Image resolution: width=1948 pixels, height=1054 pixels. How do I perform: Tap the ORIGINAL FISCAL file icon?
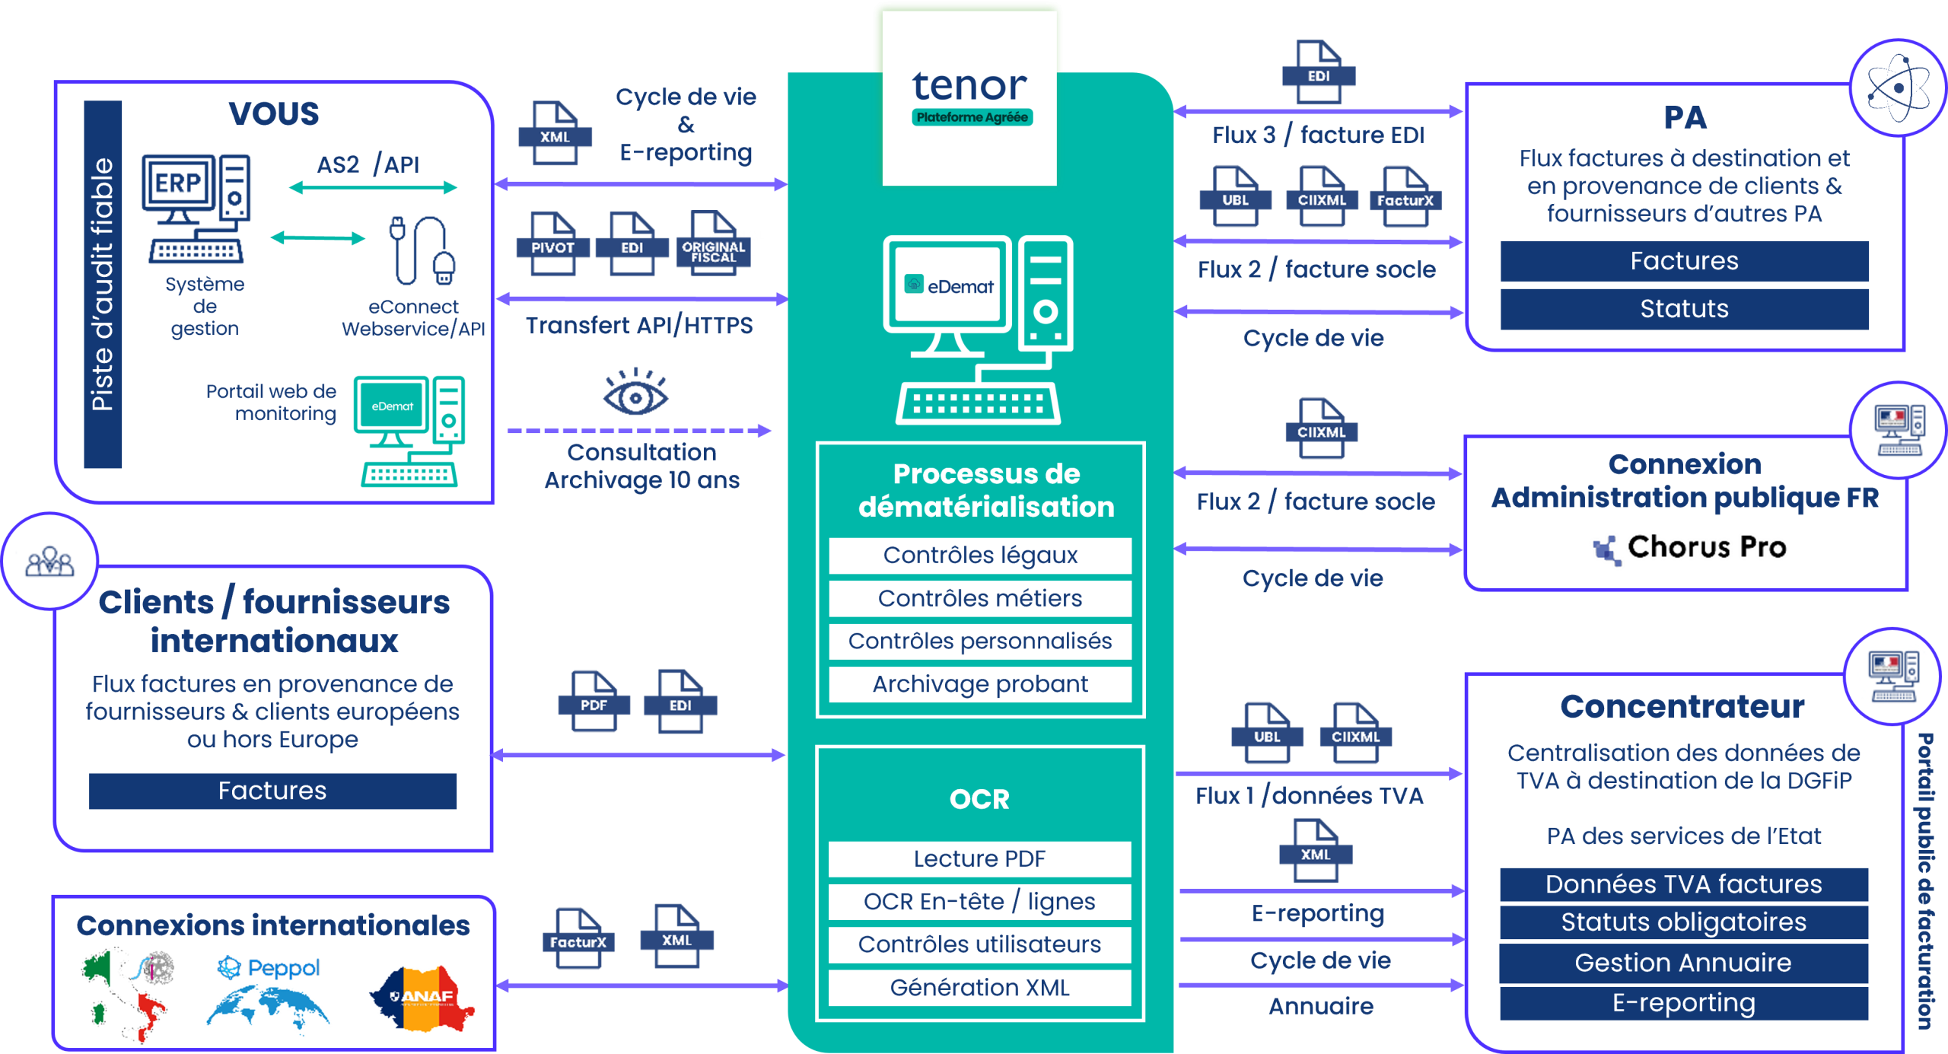(x=713, y=243)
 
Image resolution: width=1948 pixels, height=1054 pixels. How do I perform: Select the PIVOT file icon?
(x=552, y=243)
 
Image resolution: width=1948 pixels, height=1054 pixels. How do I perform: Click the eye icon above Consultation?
(x=635, y=392)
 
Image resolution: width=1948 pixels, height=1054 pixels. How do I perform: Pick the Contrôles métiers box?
(x=980, y=598)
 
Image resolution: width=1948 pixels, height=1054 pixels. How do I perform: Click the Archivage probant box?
(x=980, y=684)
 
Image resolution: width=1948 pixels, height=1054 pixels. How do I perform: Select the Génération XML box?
(x=980, y=987)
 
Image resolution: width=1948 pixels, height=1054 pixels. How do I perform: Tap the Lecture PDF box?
(x=980, y=858)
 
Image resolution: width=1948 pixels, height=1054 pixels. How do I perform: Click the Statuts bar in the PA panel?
(x=1684, y=309)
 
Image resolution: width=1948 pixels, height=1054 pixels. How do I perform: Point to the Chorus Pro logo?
(x=1689, y=547)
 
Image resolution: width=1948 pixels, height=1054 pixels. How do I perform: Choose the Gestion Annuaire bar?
(x=1683, y=963)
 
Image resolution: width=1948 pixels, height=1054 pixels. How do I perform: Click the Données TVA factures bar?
(x=1683, y=884)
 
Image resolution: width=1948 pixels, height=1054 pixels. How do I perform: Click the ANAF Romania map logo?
(x=422, y=998)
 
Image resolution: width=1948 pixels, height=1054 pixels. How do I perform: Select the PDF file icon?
(x=594, y=701)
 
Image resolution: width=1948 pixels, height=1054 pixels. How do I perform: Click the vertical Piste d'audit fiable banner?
(x=103, y=284)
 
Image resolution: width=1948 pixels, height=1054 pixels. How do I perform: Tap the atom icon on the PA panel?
(x=1898, y=88)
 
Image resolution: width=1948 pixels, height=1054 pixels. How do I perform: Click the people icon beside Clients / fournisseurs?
(x=49, y=562)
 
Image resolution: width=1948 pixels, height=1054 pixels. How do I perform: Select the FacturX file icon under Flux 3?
(x=1405, y=196)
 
